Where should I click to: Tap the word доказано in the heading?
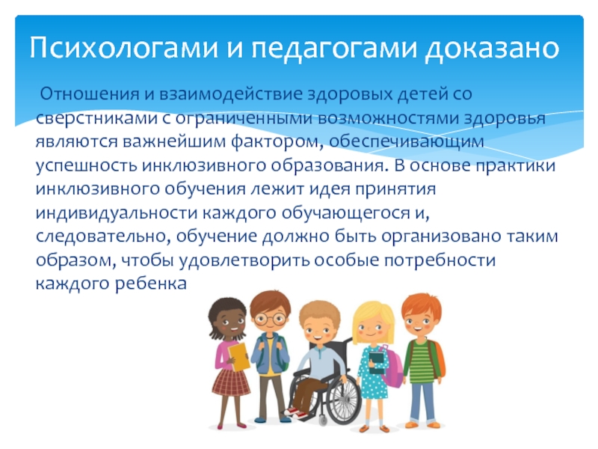click(492, 49)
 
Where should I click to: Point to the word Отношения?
click(89, 94)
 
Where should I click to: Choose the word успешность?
click(86, 166)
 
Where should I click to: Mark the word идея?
click(329, 189)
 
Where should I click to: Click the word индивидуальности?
click(117, 213)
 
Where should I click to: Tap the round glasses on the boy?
click(271, 319)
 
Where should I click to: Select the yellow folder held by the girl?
click(238, 357)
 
